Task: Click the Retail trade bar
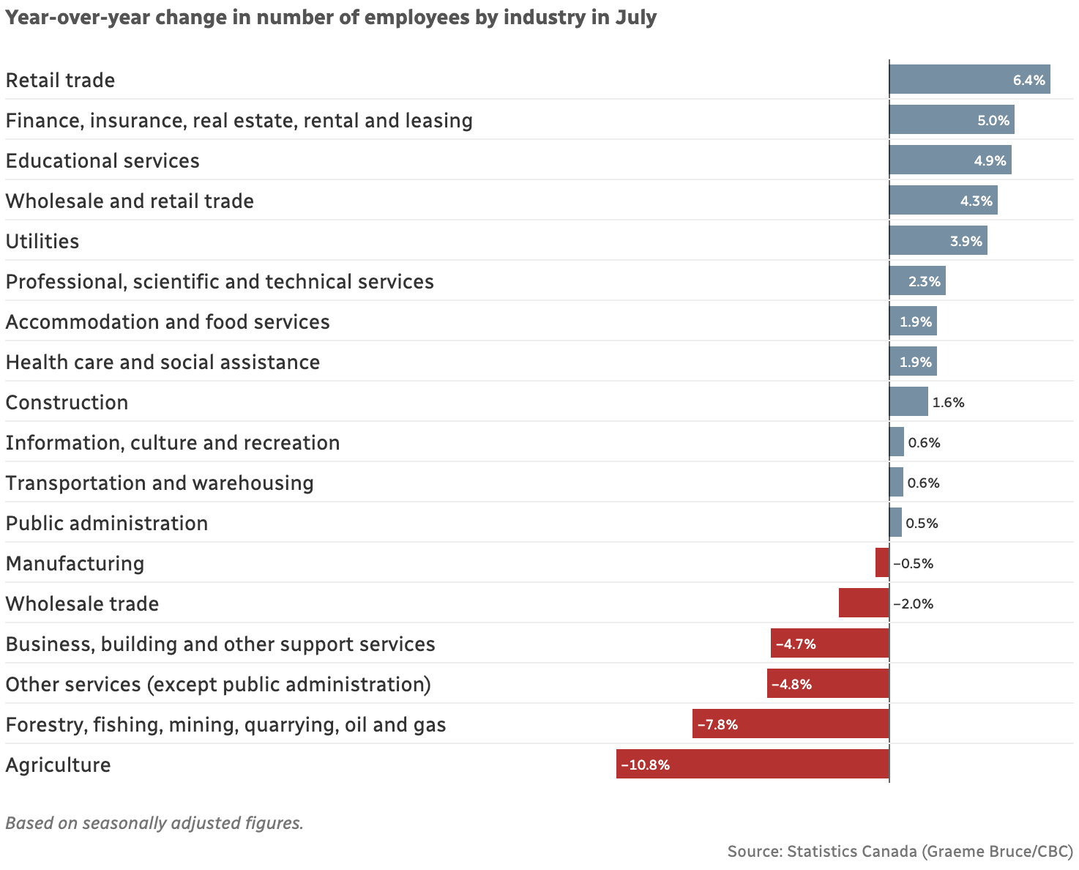point(969,79)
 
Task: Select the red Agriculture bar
point(753,764)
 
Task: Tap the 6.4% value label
point(1028,80)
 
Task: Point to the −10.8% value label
point(645,765)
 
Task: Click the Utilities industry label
point(42,241)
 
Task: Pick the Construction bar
point(908,401)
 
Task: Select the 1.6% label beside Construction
point(948,402)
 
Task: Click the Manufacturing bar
point(882,562)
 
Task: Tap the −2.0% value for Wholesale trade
point(913,603)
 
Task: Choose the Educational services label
point(102,160)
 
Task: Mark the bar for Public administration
point(896,522)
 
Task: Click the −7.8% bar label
point(717,724)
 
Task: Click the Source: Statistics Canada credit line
point(900,851)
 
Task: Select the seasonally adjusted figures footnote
point(154,822)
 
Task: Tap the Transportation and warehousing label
point(160,483)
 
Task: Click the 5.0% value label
point(993,120)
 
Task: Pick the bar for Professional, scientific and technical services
point(917,280)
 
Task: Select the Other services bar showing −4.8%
point(828,683)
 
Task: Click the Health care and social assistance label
point(163,362)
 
